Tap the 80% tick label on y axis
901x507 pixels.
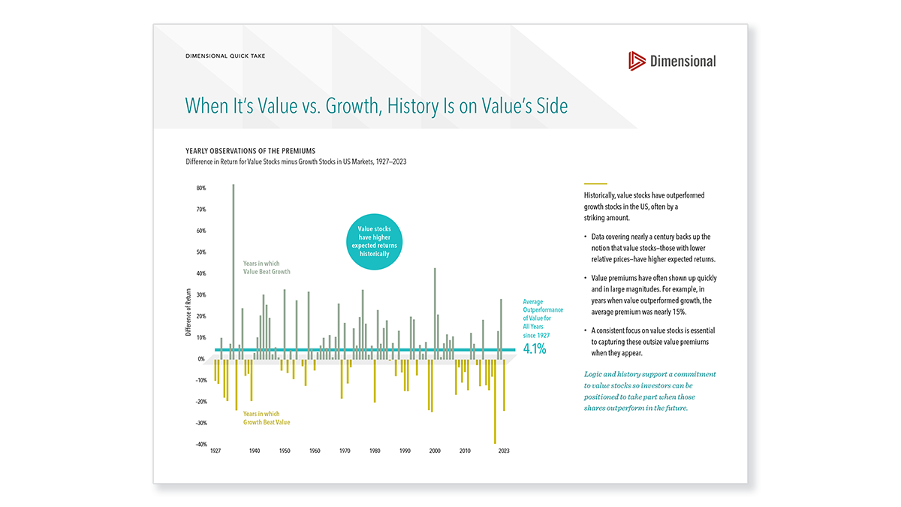201,188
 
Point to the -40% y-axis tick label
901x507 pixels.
200,445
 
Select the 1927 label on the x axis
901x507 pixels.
215,451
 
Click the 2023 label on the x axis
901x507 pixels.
503,451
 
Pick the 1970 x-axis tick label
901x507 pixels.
345,451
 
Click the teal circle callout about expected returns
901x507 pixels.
374,241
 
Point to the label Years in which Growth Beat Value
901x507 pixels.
266,418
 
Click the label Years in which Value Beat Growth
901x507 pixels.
266,267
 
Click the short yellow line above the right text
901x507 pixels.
595,183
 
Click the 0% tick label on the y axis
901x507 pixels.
201,359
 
